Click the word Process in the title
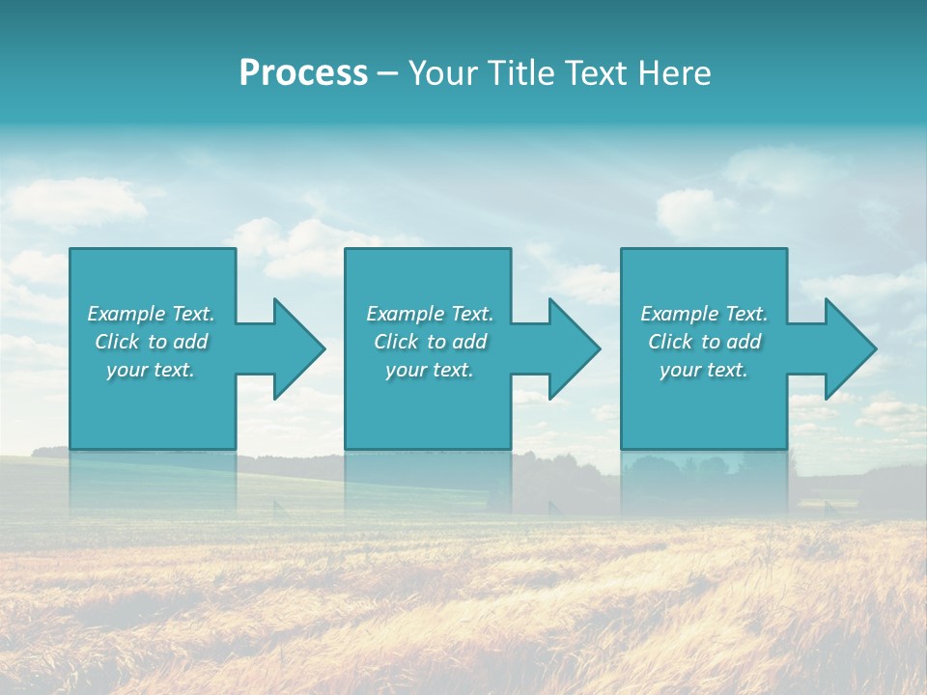pos(303,73)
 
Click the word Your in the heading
pos(444,73)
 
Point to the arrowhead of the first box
pos(298,348)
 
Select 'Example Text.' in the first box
pos(151,314)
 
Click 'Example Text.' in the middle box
pos(430,314)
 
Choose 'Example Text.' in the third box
pos(704,314)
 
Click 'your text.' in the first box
pos(151,370)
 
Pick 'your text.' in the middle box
pos(430,370)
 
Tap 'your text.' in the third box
pos(704,370)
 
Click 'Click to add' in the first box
pos(151,342)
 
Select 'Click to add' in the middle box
pos(430,342)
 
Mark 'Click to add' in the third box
pos(704,342)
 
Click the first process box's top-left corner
pos(71,250)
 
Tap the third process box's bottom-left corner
pos(623,447)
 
